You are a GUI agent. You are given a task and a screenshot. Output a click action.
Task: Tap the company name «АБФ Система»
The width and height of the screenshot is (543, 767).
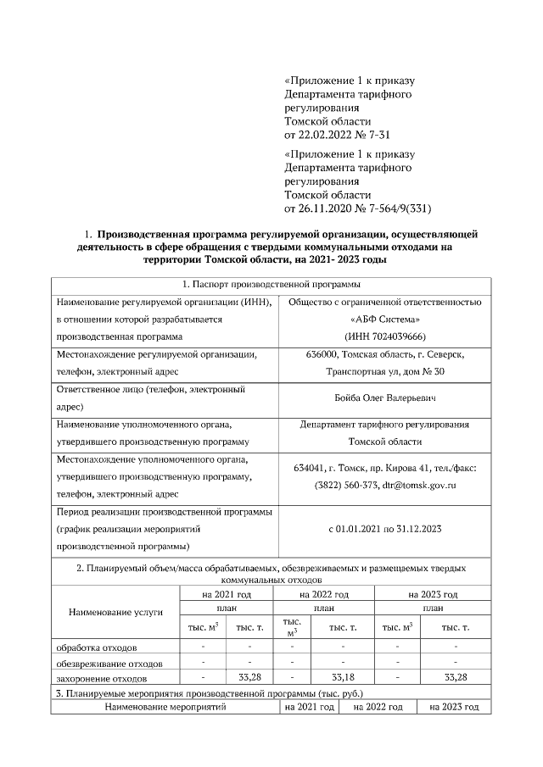[385, 319]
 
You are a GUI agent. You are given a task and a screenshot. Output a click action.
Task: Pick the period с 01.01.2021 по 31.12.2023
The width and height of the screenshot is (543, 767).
[385, 529]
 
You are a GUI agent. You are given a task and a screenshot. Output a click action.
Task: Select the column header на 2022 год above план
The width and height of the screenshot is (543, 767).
[323, 595]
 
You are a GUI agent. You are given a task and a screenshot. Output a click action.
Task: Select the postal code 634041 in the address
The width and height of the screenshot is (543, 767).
[311, 468]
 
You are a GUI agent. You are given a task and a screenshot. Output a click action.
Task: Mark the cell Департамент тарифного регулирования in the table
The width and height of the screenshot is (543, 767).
[385, 425]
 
